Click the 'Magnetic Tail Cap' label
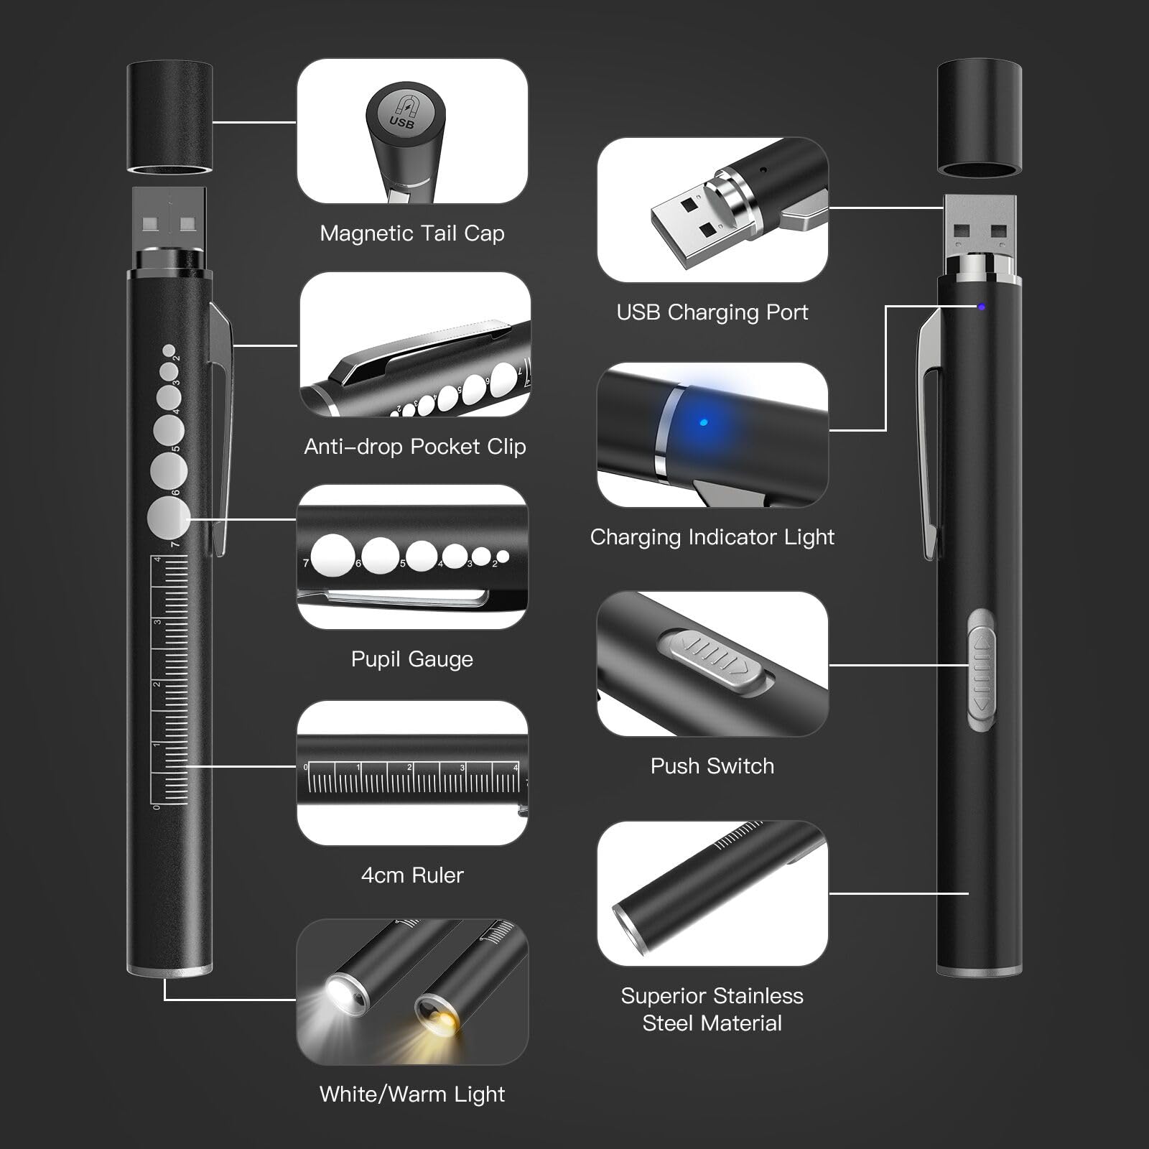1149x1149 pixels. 411,233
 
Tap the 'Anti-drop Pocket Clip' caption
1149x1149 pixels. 414,447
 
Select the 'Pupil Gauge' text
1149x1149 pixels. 411,659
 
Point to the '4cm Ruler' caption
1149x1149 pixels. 412,875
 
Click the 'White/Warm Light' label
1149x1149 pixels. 412,1094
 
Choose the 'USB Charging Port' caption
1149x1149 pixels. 712,312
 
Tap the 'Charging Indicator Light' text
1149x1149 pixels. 712,537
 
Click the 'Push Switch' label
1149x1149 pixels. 712,766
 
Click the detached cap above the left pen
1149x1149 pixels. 169,118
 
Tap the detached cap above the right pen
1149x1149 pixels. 980,118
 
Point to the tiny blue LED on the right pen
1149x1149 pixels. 981,307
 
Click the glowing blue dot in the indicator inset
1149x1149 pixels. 704,422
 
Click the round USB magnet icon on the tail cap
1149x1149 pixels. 402,114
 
